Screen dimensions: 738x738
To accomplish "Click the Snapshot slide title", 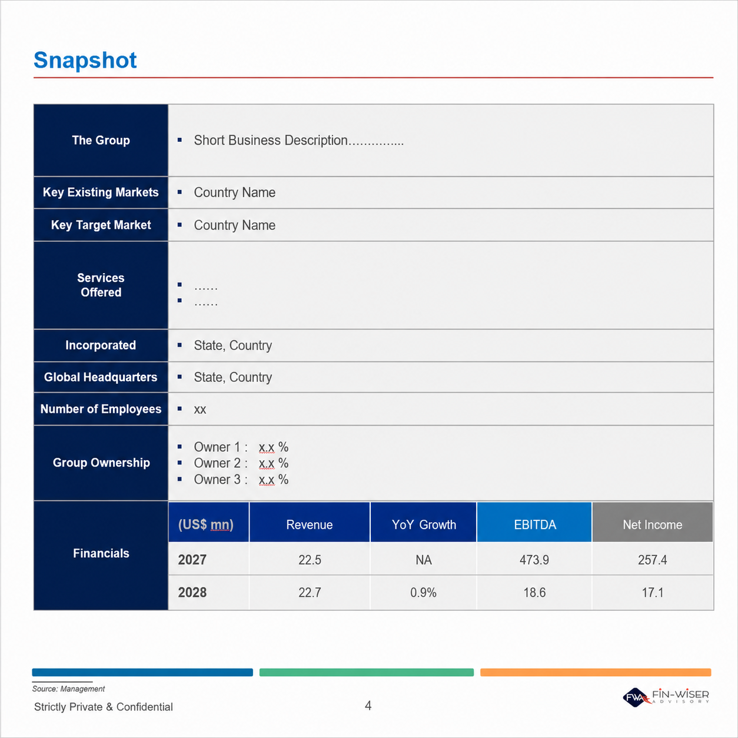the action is click(x=85, y=60).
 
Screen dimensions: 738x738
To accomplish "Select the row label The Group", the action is click(x=101, y=140).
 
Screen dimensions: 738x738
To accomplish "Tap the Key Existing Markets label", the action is click(x=101, y=192).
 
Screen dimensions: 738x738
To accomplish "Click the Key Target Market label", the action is click(x=101, y=225).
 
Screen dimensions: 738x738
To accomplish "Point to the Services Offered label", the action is click(x=101, y=285).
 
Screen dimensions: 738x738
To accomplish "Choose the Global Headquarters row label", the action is click(x=101, y=377).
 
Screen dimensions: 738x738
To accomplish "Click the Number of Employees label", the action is click(x=101, y=409).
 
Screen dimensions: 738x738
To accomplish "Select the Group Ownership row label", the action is click(x=101, y=463).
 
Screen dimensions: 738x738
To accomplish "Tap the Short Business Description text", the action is click(x=299, y=140).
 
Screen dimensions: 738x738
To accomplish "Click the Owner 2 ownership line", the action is click(x=241, y=463).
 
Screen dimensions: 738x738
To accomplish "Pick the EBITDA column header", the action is click(x=534, y=525).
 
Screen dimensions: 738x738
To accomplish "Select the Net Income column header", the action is click(x=652, y=525).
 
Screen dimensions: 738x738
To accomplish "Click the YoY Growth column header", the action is click(x=424, y=525).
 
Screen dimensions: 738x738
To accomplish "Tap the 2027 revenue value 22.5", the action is click(x=310, y=560).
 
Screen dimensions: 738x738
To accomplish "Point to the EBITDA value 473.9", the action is click(x=534, y=560).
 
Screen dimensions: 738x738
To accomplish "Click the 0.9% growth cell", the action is click(x=423, y=593).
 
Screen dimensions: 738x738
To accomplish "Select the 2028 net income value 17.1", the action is click(x=652, y=593).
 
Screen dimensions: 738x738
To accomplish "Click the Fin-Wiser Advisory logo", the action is click(x=666, y=697).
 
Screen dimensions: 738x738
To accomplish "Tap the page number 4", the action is click(x=368, y=706).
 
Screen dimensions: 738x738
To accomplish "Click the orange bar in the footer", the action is click(x=596, y=672).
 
